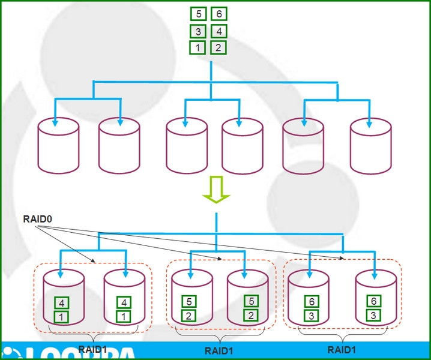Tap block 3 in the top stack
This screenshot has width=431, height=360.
tap(198, 31)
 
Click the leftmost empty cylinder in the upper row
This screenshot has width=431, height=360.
tap(58, 145)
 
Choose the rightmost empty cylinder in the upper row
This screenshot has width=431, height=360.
tap(370, 145)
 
